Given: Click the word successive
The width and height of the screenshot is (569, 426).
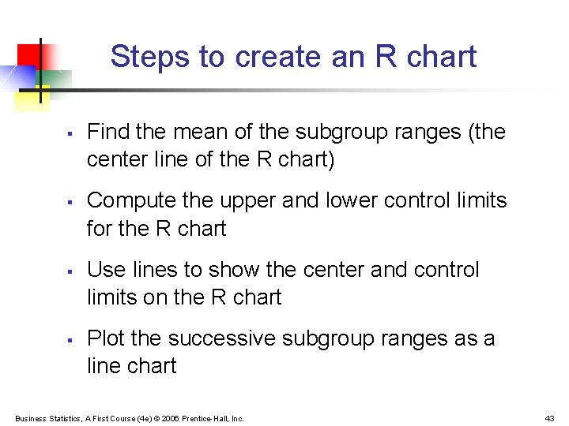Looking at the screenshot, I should point(222,338).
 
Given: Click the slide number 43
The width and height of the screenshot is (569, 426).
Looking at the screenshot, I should point(549,418).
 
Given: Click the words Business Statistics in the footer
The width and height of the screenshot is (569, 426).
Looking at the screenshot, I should point(45,418).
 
